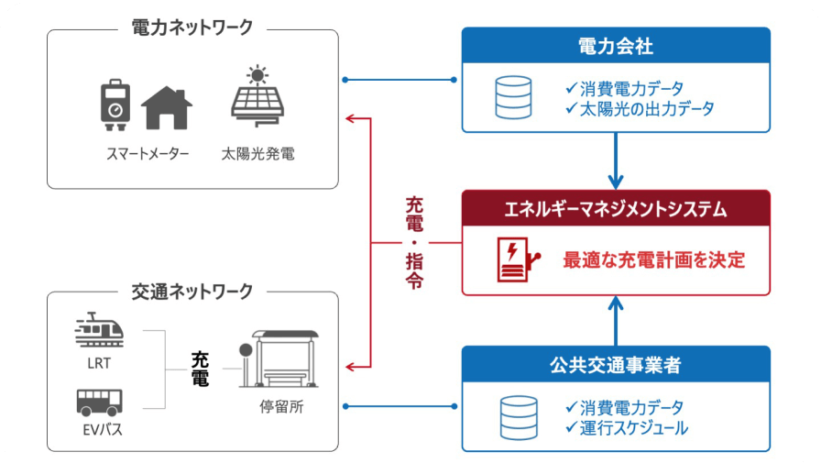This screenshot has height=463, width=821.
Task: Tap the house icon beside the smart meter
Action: click(x=167, y=107)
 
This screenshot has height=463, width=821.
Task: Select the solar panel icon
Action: click(x=257, y=96)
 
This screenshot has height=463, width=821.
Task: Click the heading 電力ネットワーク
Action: click(x=192, y=28)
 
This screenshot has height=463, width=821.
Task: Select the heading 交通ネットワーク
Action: click(x=192, y=292)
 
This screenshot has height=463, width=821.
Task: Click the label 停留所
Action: click(x=283, y=406)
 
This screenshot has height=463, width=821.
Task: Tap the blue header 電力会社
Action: click(x=616, y=44)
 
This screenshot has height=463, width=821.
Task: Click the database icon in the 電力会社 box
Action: click(x=514, y=98)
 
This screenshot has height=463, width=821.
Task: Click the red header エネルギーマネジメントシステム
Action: click(x=616, y=208)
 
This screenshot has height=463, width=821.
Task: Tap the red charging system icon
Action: click(x=514, y=259)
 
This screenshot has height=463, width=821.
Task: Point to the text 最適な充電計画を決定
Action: click(x=653, y=259)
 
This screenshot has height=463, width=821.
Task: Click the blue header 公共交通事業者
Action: click(x=616, y=364)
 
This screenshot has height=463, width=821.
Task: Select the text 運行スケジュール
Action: click(x=633, y=427)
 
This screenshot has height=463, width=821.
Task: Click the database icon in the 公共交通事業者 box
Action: click(x=514, y=417)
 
